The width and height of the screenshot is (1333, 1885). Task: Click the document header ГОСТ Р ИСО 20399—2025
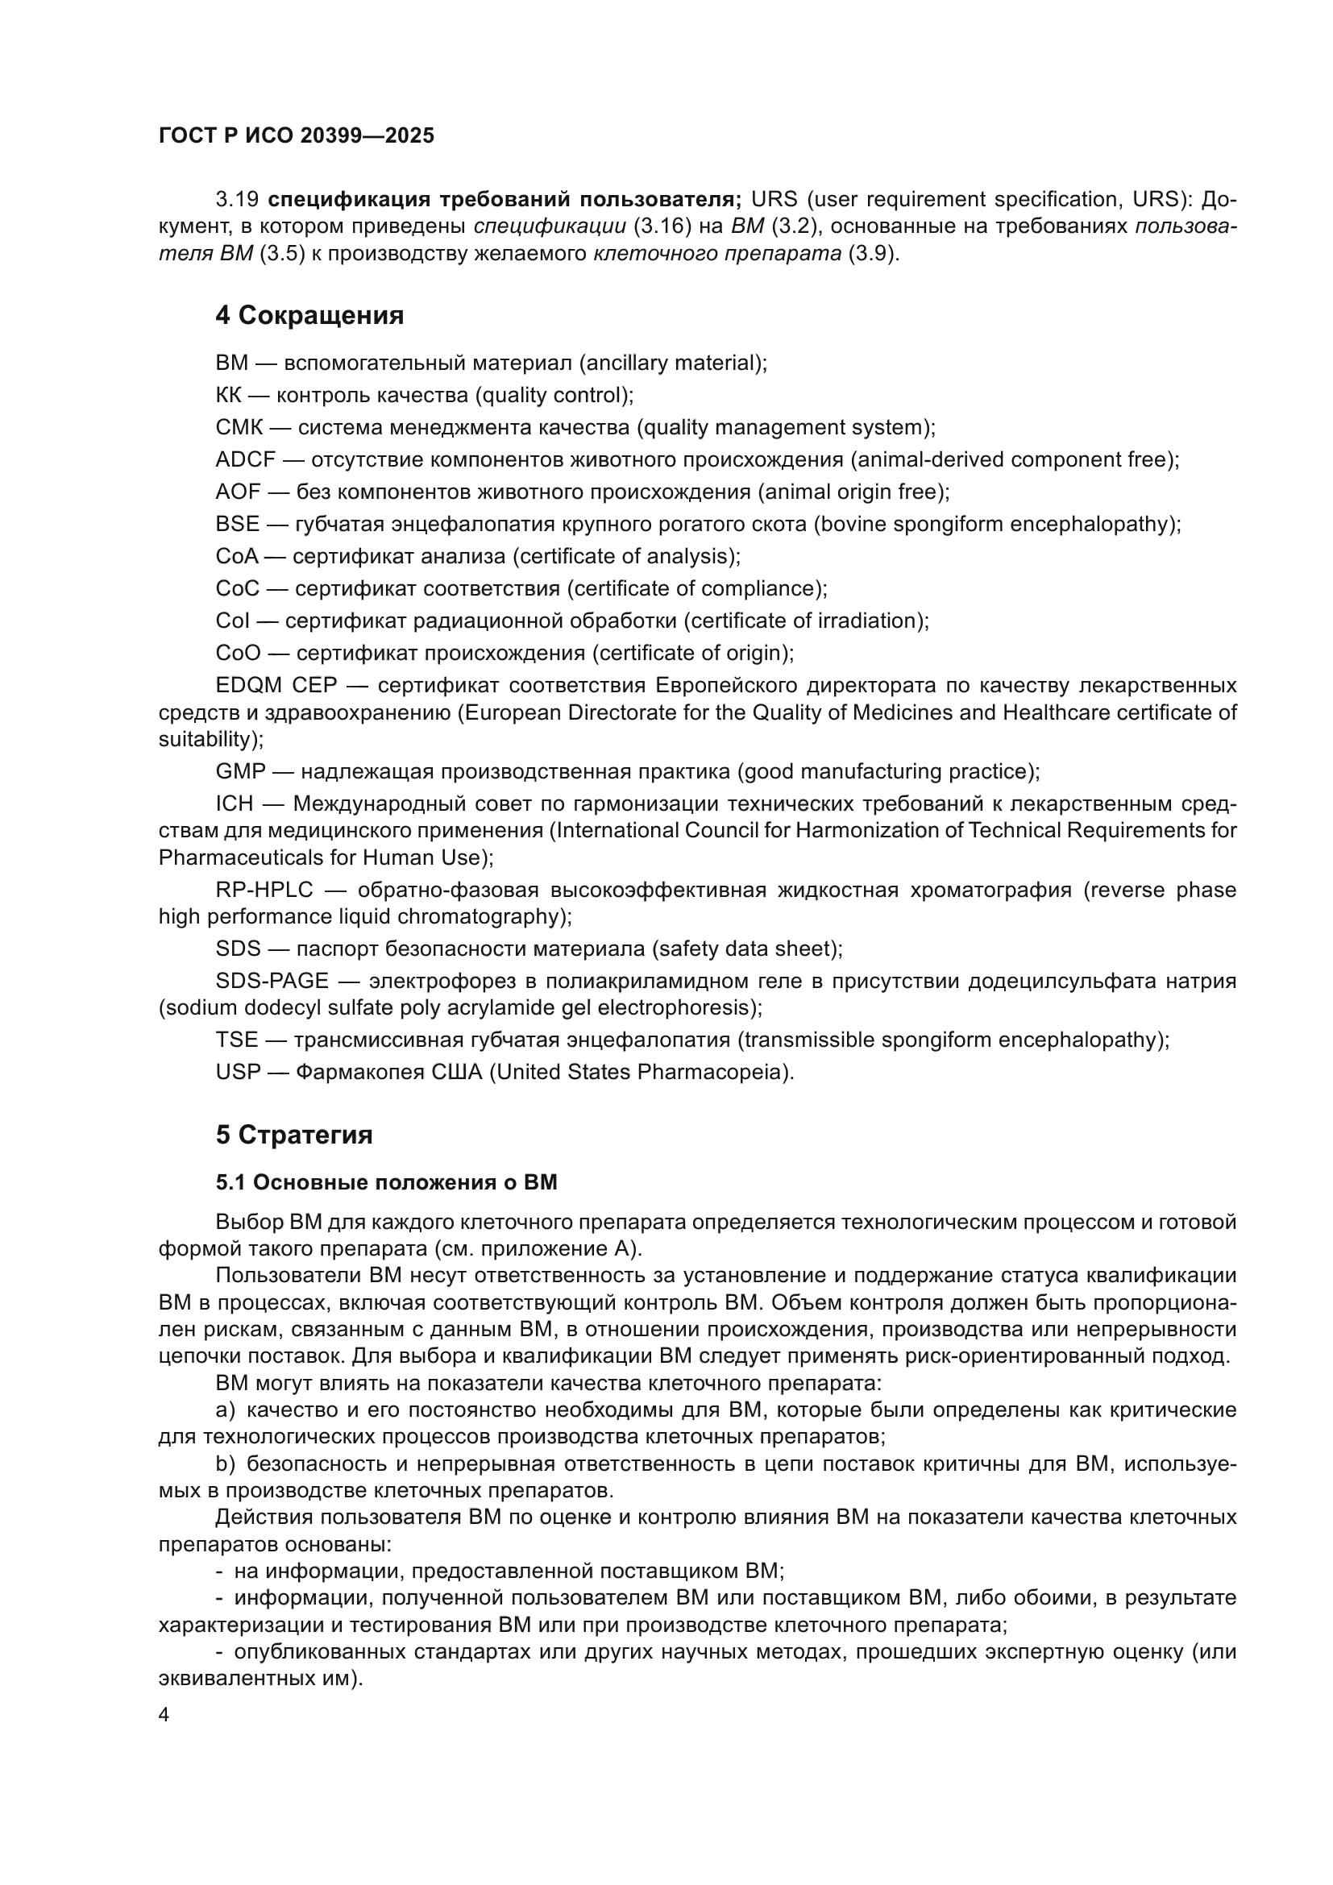click(297, 135)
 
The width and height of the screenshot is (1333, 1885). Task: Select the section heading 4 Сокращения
click(309, 315)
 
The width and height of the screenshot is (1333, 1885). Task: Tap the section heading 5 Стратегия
click(294, 1135)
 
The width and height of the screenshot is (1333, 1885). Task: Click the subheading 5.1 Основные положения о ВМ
click(386, 1182)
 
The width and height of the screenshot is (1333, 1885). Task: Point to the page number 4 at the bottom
click(164, 1715)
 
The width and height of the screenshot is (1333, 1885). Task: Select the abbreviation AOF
click(238, 492)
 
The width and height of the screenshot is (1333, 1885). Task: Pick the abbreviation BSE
click(237, 524)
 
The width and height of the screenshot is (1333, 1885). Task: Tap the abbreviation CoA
click(236, 557)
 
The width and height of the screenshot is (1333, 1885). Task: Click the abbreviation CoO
click(238, 653)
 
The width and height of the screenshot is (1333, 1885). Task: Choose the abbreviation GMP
click(240, 772)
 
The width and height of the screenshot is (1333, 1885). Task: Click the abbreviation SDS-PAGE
click(272, 981)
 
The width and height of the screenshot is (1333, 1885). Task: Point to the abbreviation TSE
click(236, 1040)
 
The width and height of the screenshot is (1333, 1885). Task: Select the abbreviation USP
click(237, 1072)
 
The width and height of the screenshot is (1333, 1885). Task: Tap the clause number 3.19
click(237, 200)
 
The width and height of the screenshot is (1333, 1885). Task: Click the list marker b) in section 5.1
click(225, 1464)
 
